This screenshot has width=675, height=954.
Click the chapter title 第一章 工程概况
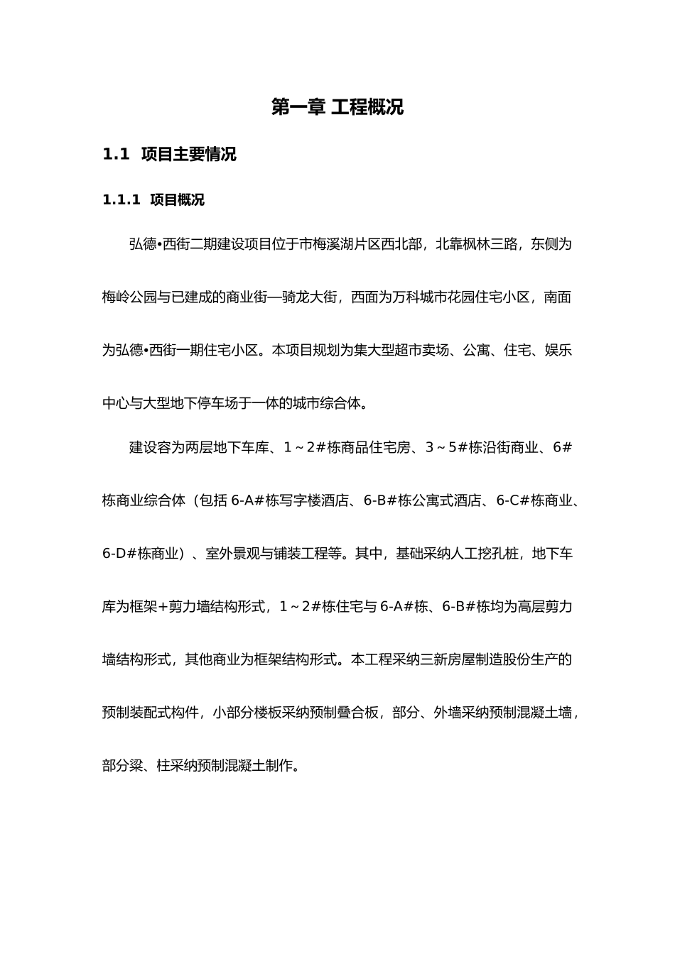coord(337,107)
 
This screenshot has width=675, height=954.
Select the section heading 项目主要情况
coord(188,154)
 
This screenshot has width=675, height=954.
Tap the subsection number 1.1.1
coord(123,200)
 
